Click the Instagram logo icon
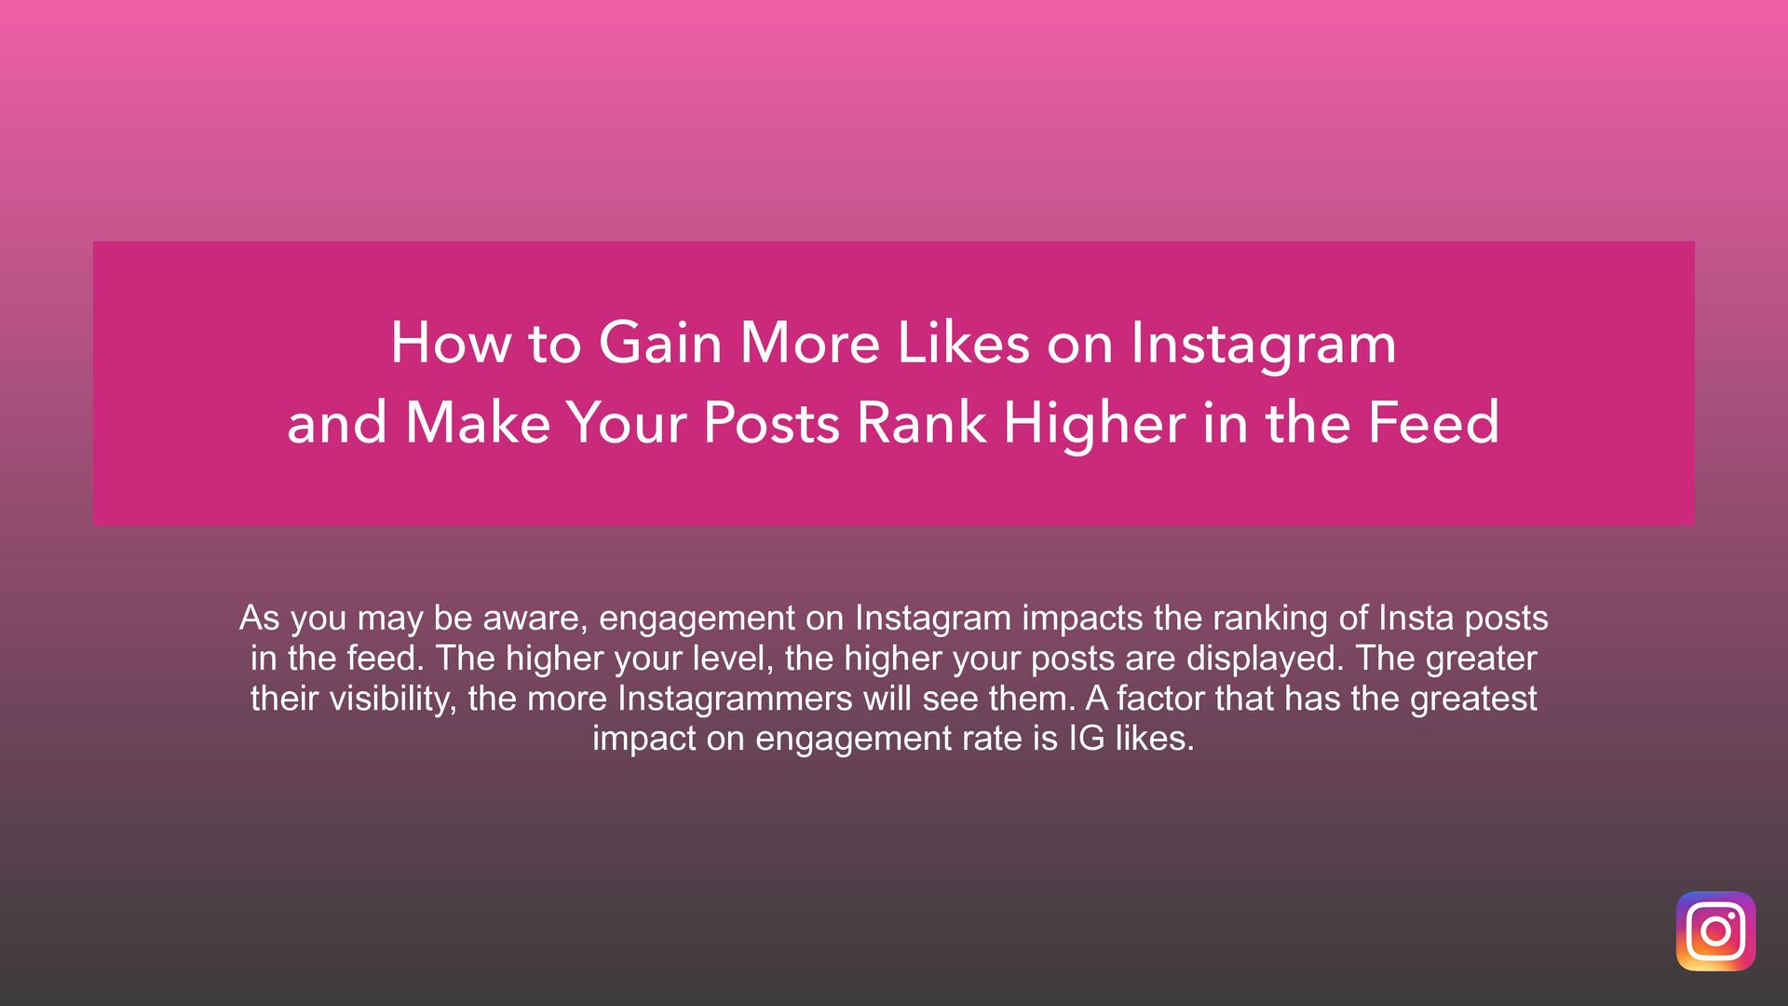click(1715, 931)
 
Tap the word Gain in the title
click(659, 343)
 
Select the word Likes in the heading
click(963, 343)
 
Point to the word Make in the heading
click(478, 423)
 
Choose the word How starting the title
click(451, 343)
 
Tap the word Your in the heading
click(627, 423)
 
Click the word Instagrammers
click(735, 699)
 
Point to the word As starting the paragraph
click(260, 619)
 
